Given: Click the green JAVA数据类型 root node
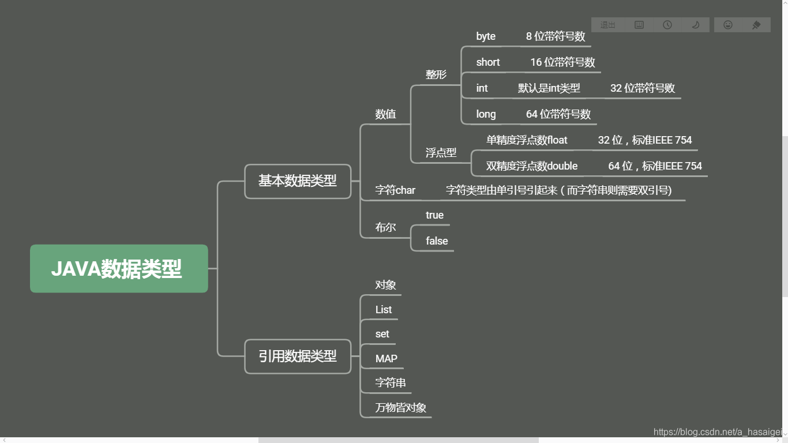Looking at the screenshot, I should [x=119, y=269].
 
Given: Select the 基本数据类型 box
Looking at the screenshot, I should [x=298, y=181].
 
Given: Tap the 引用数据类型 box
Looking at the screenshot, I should [x=298, y=356].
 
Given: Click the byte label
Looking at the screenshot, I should [x=486, y=36].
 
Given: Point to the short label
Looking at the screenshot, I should [x=488, y=62].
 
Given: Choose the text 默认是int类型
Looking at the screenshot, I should [x=549, y=88].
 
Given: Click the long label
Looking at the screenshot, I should [x=486, y=114].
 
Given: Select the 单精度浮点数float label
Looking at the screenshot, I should [x=527, y=140].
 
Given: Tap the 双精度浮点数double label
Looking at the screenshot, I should [x=532, y=166].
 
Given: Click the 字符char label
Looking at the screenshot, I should [x=395, y=190].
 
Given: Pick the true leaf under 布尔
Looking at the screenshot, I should [x=434, y=215].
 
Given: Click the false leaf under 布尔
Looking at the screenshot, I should [x=437, y=241].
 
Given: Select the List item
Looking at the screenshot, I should [x=383, y=310].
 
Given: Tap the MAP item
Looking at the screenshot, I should [x=386, y=359].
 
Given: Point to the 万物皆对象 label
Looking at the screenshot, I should [x=400, y=408].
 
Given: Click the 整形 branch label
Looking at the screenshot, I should [x=436, y=74].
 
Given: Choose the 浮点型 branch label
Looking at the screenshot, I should [x=441, y=153].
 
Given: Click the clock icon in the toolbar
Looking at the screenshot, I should [x=667, y=25].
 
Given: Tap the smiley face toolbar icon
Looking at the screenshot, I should [x=728, y=25].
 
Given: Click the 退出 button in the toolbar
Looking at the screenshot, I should [x=608, y=25].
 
